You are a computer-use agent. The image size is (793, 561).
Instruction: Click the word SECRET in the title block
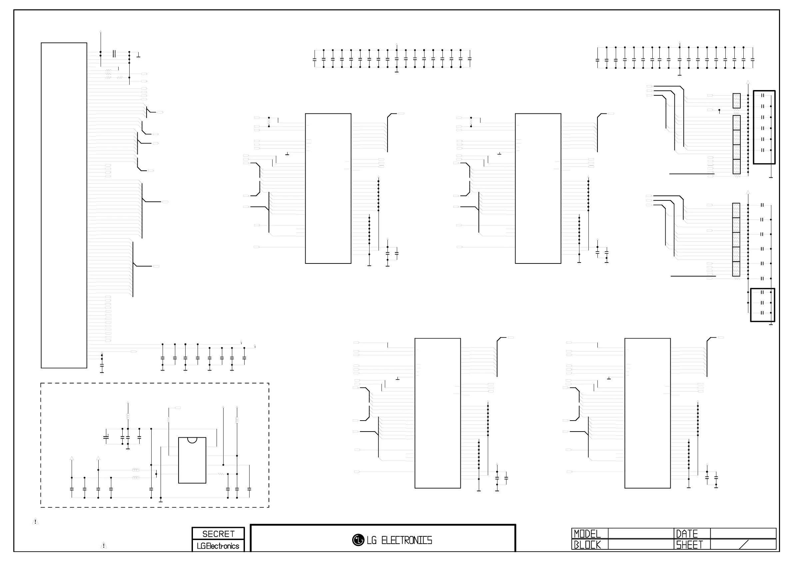(x=218, y=534)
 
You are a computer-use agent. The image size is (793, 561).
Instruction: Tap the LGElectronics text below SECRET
(x=218, y=546)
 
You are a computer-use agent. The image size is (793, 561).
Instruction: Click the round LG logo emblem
(x=358, y=540)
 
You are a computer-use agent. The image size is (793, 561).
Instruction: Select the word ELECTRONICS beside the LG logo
(x=406, y=540)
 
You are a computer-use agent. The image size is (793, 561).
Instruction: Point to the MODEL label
(x=587, y=534)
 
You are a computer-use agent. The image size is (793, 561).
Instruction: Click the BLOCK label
(x=587, y=545)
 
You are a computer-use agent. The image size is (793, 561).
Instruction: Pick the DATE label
(x=687, y=534)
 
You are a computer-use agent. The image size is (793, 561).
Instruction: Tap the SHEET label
(x=689, y=545)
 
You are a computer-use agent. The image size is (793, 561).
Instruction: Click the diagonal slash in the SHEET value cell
(x=744, y=545)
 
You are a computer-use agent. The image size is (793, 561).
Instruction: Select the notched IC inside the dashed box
(x=192, y=460)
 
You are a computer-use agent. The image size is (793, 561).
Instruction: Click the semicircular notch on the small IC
(x=192, y=440)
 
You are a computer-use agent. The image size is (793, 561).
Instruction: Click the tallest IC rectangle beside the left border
(x=64, y=205)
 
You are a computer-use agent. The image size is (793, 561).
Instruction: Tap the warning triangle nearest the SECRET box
(x=104, y=545)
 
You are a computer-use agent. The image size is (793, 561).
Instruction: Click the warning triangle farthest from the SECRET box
(x=35, y=521)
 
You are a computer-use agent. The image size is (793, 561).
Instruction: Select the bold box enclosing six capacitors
(x=764, y=127)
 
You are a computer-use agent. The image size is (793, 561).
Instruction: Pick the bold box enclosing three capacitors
(x=763, y=305)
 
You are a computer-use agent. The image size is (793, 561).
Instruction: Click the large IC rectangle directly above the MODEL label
(x=647, y=413)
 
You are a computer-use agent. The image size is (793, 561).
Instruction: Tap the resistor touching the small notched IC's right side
(x=221, y=474)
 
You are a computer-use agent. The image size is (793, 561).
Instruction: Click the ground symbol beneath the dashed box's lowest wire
(x=161, y=500)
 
